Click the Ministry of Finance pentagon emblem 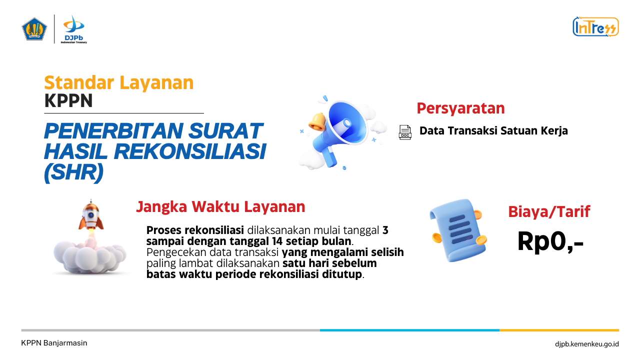(34, 29)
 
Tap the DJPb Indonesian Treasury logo (73, 29)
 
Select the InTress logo (595, 27)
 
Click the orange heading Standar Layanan (119, 82)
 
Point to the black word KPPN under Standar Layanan (68, 100)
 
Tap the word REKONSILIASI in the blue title (190, 151)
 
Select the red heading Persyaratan (460, 108)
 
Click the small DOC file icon (405, 132)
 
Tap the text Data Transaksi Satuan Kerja (493, 131)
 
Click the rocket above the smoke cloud (91, 215)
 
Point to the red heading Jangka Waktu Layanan (220, 207)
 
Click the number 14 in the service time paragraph (277, 241)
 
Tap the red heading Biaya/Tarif (549, 212)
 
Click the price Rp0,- (550, 241)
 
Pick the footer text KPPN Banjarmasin (54, 343)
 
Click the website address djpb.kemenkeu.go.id (587, 344)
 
